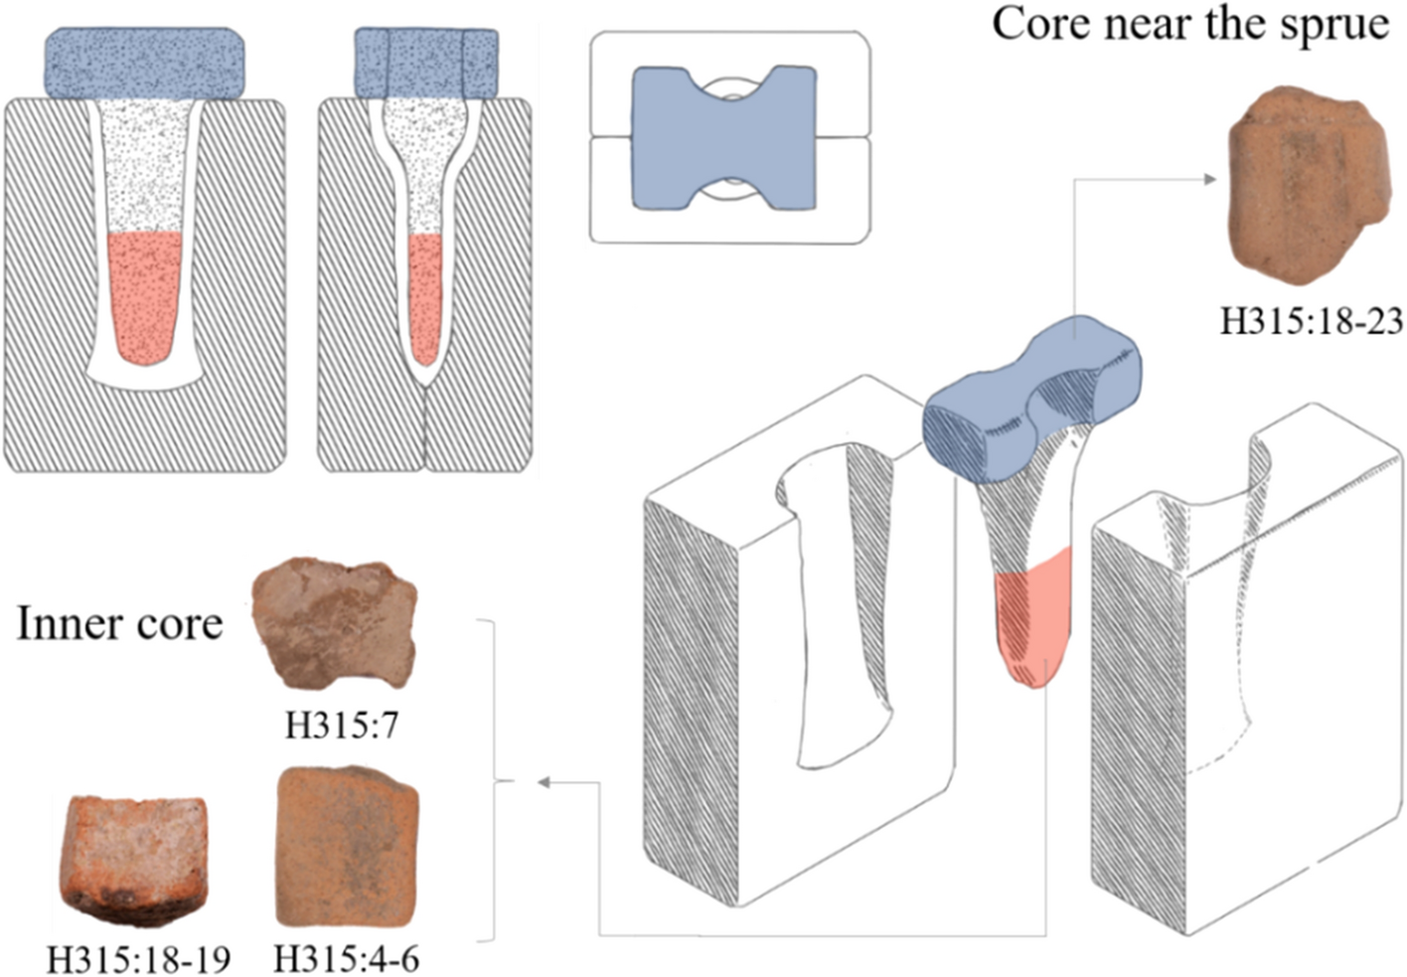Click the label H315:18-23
tap(1311, 321)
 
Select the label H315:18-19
tap(138, 959)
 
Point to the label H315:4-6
tap(346, 959)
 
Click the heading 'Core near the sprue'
tap(1189, 24)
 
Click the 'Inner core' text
tap(119, 624)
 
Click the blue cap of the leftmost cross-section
tap(146, 65)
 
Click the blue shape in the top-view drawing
tap(725, 138)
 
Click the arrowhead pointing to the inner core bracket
tap(544, 782)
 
